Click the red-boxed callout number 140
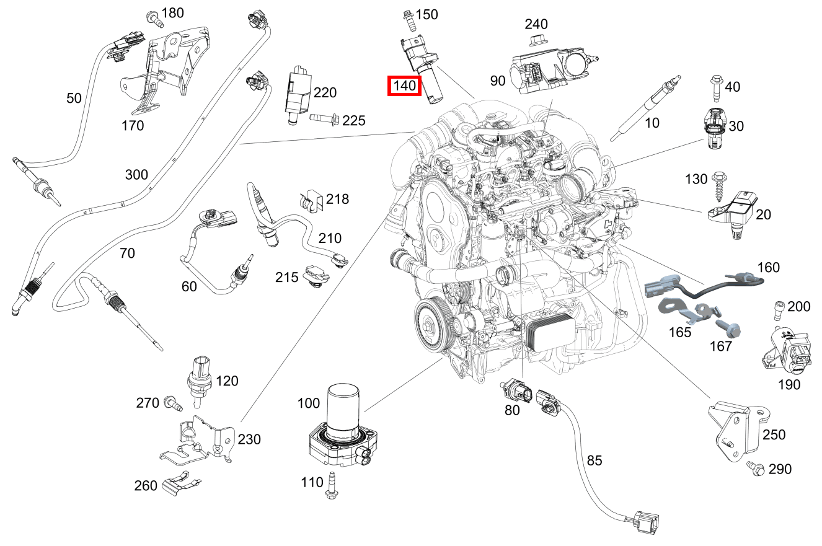pos(404,86)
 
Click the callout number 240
pos(536,24)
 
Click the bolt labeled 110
pos(330,485)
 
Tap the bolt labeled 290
pos(755,469)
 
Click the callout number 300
pos(136,174)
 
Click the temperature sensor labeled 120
pos(200,378)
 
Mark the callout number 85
pos(594,460)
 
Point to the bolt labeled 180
pos(153,18)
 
